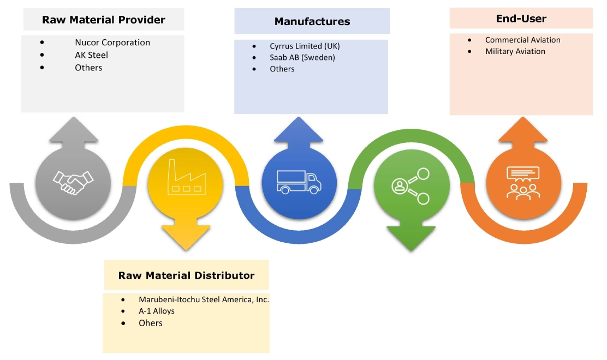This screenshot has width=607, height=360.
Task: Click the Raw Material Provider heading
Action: coord(103,21)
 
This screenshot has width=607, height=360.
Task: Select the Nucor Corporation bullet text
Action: coord(112,43)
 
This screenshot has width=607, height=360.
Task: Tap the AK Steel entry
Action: coord(92,55)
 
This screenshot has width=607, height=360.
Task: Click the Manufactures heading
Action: coord(312,22)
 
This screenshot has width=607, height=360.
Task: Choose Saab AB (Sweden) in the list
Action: coord(302,57)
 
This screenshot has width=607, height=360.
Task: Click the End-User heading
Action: coord(521,19)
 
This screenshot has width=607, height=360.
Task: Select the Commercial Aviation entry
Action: coord(523,40)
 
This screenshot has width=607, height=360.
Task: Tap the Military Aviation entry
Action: coord(515,51)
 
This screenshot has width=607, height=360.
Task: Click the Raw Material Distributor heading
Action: coord(186,275)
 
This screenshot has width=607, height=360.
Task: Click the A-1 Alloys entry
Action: coord(157,311)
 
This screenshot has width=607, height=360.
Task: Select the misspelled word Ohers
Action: coord(151,323)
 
